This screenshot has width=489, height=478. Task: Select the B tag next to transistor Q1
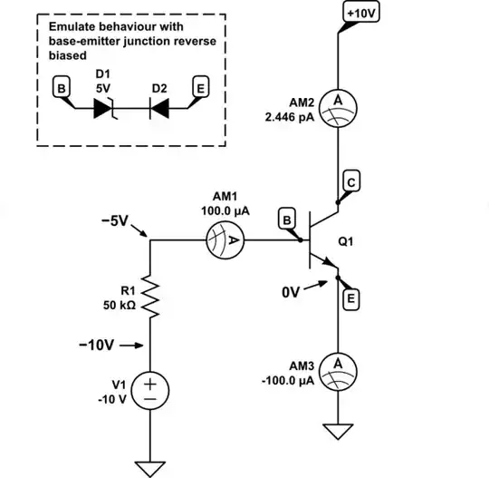tap(285, 220)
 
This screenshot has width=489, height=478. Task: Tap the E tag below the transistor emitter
tap(350, 298)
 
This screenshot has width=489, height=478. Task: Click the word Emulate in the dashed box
tap(73, 26)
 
